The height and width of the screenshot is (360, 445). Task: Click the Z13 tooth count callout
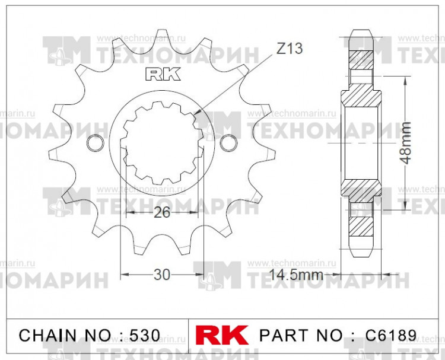(289, 49)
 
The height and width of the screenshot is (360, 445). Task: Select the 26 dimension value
(162, 213)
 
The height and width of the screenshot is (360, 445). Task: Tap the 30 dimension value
(162, 275)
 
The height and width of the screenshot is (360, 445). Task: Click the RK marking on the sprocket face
(157, 75)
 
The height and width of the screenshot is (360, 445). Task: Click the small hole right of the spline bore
(226, 143)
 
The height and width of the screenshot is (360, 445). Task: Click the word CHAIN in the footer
(43, 335)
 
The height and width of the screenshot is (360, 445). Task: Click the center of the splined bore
(162, 143)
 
